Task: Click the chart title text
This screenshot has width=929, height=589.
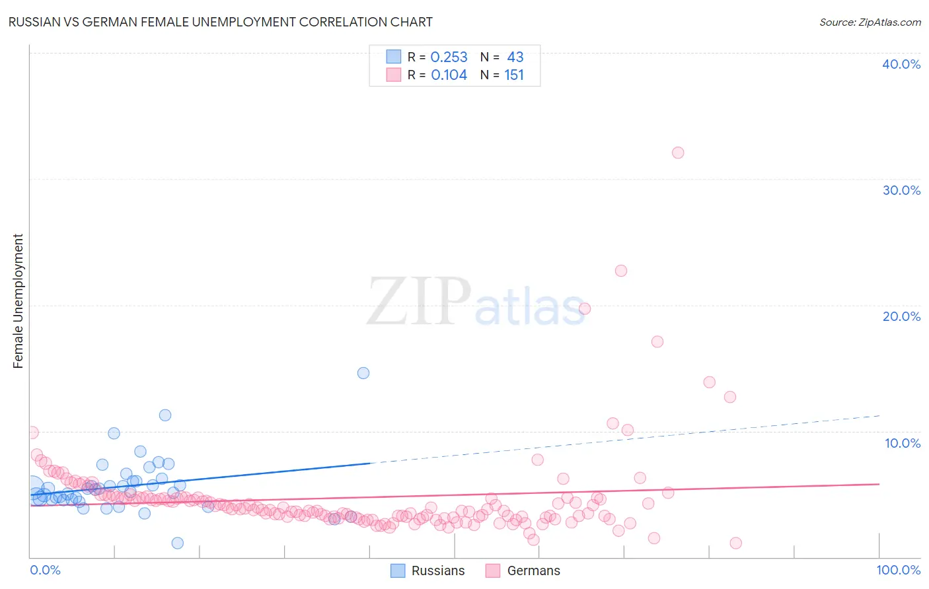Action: pyautogui.click(x=220, y=22)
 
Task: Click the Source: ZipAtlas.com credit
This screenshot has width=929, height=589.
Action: pyautogui.click(x=870, y=22)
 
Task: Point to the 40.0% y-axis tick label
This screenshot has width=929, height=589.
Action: pyautogui.click(x=901, y=64)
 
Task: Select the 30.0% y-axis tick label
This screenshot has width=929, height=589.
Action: pyautogui.click(x=901, y=190)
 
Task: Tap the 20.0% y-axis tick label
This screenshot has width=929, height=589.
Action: pyautogui.click(x=901, y=316)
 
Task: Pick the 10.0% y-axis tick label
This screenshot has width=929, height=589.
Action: pyautogui.click(x=903, y=443)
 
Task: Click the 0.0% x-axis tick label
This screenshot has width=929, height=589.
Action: pyautogui.click(x=46, y=570)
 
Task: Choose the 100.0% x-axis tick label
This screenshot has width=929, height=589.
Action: pyautogui.click(x=898, y=570)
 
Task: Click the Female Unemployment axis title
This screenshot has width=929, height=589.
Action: pyautogui.click(x=18, y=301)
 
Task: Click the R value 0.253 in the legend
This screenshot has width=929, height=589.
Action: pyautogui.click(x=449, y=57)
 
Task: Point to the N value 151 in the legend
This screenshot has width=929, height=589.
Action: pyautogui.click(x=514, y=75)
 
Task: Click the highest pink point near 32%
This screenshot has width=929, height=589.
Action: pyautogui.click(x=678, y=153)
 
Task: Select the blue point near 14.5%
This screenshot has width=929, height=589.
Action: pyautogui.click(x=363, y=373)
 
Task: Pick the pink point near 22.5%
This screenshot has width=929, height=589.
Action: pyautogui.click(x=621, y=271)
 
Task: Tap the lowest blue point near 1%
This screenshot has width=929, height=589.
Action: pyautogui.click(x=178, y=543)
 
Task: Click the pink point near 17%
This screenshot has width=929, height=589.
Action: pyautogui.click(x=657, y=341)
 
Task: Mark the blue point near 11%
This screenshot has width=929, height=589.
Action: pyautogui.click(x=165, y=415)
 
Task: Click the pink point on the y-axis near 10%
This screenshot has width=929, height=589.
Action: pyautogui.click(x=32, y=433)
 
